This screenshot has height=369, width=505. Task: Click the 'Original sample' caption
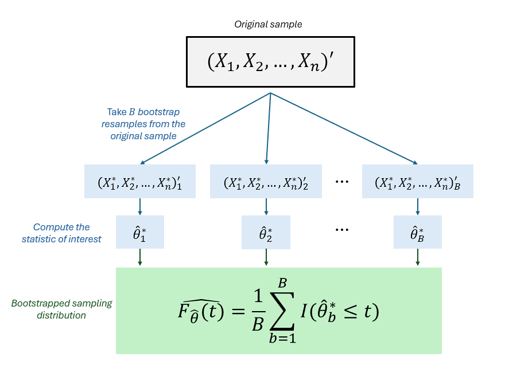point(268,24)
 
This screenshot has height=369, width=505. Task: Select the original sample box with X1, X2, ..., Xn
point(270,61)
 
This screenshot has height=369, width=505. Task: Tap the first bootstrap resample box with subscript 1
point(140,182)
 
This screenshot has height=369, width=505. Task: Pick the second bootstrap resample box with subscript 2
point(266,182)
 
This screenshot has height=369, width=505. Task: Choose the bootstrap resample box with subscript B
point(417,182)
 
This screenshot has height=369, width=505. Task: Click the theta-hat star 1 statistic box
point(140,232)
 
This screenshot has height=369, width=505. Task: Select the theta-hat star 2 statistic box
point(266,232)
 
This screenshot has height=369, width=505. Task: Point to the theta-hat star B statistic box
point(417,232)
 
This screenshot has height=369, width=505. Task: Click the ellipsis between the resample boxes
point(342,182)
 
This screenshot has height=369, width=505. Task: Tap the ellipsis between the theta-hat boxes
point(342,230)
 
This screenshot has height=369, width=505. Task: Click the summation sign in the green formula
point(282,311)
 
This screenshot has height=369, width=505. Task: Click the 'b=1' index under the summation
point(282,338)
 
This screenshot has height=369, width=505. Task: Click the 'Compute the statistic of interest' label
point(61,233)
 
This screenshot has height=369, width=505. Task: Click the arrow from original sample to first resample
point(204,128)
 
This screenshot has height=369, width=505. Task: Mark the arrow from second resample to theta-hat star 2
point(266,207)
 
